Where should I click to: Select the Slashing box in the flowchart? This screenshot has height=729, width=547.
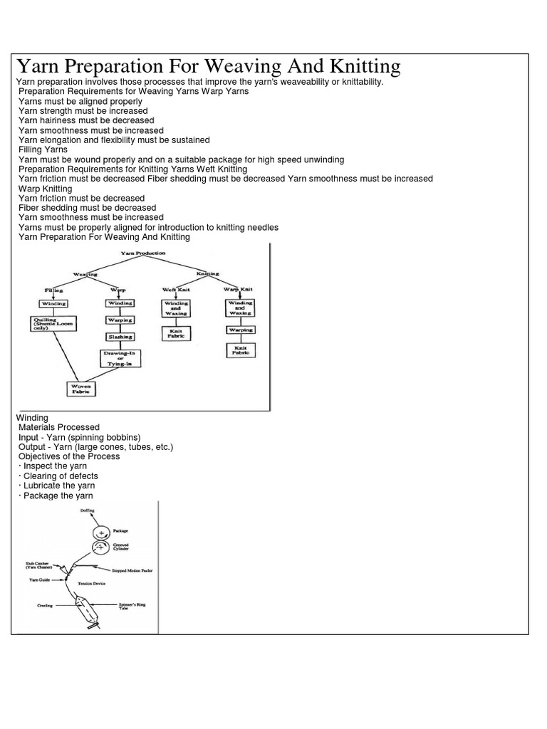[120, 337]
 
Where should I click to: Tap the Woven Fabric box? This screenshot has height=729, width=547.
[82, 389]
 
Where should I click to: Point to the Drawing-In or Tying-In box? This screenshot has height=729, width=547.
[120, 358]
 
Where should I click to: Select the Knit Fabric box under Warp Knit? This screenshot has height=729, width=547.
[241, 350]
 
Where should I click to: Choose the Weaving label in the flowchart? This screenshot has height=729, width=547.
[85, 273]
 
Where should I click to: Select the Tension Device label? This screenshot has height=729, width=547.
[92, 583]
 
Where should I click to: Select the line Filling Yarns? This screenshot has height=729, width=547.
[43, 150]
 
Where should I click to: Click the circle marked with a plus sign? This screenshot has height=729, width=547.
[100, 532]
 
